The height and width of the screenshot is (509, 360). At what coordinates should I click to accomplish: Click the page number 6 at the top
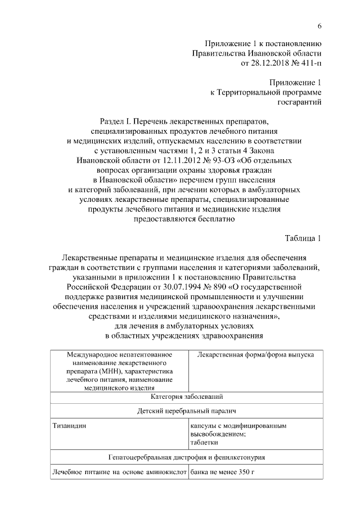click(x=319, y=26)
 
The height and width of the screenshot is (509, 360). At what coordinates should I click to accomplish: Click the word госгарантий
click(x=300, y=102)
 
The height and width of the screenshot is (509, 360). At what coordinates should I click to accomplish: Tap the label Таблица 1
click(x=301, y=238)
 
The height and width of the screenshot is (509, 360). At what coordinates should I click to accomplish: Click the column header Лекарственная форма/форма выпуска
click(x=256, y=355)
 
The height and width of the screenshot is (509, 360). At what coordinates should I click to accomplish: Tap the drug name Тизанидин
click(x=69, y=426)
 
